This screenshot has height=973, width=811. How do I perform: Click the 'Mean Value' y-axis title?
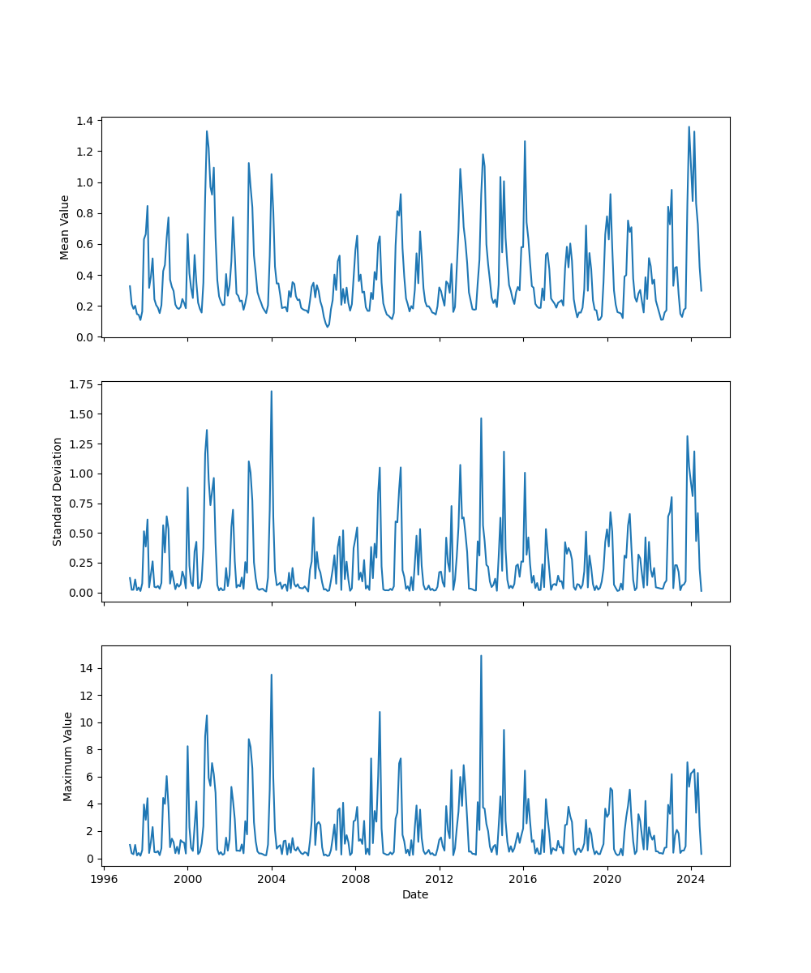point(64,227)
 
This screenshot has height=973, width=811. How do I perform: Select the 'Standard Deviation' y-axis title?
point(58,491)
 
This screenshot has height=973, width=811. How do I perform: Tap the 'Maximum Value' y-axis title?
point(68,757)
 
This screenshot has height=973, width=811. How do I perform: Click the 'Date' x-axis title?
point(415,894)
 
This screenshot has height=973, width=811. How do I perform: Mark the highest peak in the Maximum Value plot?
point(481,656)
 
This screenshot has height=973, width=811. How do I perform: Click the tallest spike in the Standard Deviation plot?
point(271,392)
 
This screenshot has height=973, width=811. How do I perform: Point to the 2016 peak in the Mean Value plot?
point(525,142)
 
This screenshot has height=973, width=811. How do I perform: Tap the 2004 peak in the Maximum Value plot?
point(271,675)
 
